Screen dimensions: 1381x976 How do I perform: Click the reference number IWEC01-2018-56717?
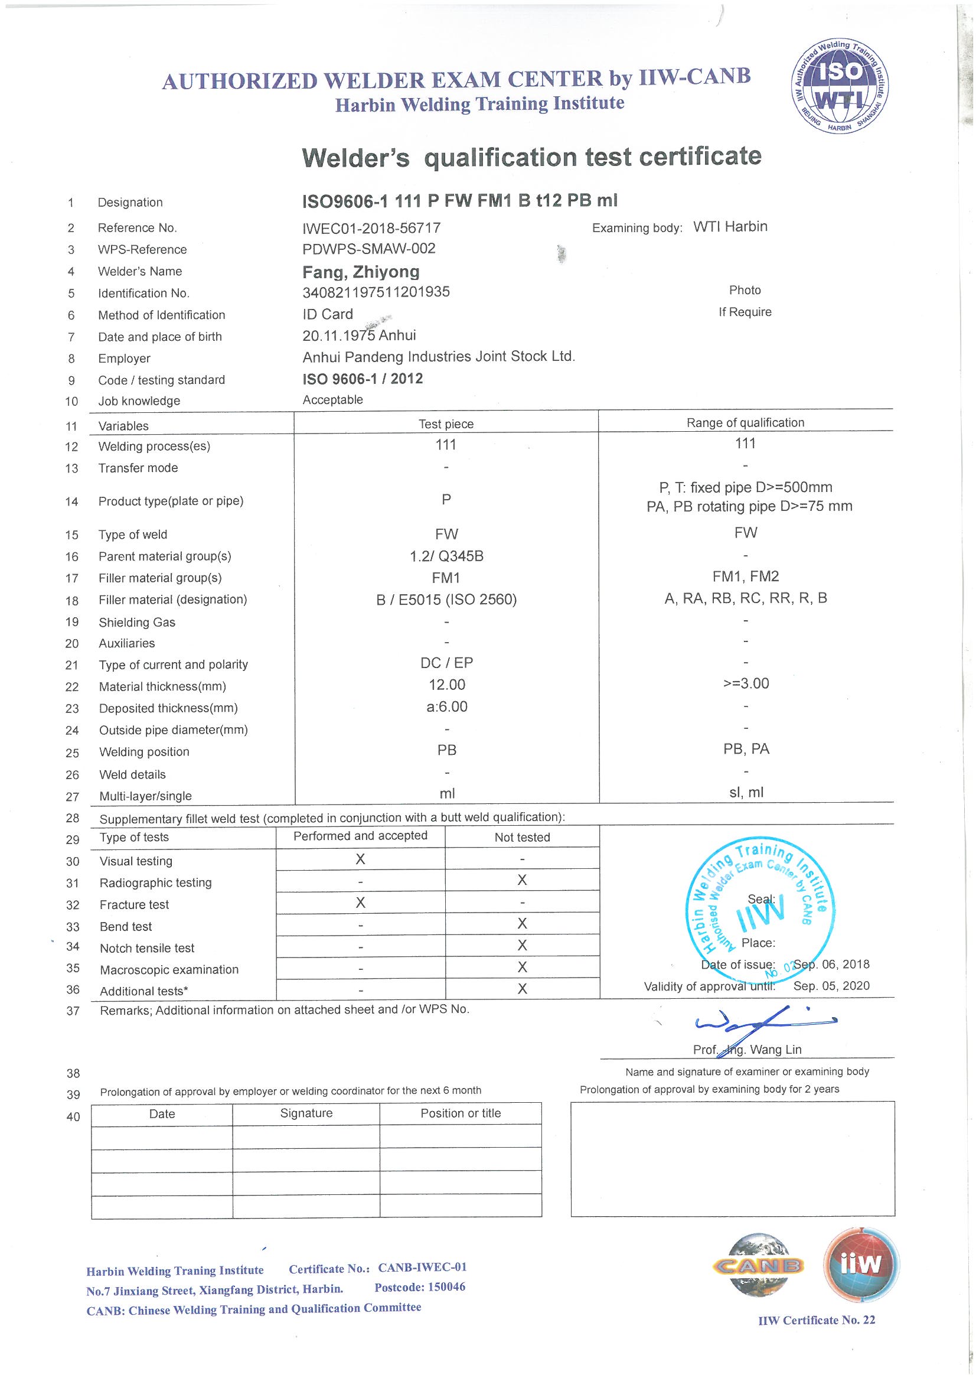[371, 228]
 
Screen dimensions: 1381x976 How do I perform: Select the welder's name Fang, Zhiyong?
[361, 272]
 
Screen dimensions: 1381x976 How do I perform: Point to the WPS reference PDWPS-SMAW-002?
[368, 249]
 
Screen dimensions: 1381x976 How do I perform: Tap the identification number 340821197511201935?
[376, 292]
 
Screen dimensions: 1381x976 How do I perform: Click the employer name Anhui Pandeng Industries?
[438, 357]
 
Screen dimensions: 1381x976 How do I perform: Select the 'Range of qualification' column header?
[745, 423]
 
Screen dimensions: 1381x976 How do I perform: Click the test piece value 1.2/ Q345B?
[446, 556]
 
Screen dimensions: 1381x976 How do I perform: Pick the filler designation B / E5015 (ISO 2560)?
[446, 600]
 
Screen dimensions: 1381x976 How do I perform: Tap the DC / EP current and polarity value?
[446, 663]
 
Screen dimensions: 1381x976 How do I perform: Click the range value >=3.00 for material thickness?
[746, 683]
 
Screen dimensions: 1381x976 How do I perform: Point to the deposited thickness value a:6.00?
[446, 706]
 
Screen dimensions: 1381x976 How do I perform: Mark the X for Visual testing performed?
[360, 859]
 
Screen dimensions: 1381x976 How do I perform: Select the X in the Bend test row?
[522, 923]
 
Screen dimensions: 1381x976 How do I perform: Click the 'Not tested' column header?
[522, 837]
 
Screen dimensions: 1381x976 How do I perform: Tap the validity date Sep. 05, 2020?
[831, 986]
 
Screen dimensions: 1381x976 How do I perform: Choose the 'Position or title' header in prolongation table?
[461, 1113]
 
